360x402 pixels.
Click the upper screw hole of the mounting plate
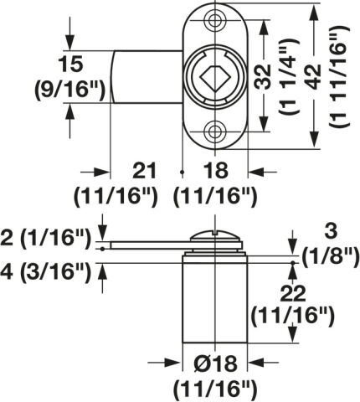point(214,20)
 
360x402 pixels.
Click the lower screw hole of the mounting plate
point(214,131)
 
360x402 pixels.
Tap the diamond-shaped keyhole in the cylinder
point(214,79)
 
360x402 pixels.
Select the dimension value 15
point(70,64)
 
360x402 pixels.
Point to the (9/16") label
point(69,90)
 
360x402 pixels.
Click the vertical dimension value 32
point(263,77)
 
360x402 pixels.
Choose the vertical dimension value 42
point(314,77)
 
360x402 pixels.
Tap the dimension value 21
point(144,171)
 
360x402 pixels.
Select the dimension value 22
point(293,294)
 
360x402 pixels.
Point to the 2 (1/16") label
point(46,239)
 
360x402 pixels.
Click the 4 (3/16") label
point(46,272)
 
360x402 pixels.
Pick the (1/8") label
point(330,257)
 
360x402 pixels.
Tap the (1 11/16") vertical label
point(340,77)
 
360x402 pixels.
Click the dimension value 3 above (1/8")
point(331,232)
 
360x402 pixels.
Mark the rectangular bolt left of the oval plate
point(147,77)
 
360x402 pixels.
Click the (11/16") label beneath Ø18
point(215,389)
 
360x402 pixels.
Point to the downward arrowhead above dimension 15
point(69,43)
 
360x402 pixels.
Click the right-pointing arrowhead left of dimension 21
point(100,172)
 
